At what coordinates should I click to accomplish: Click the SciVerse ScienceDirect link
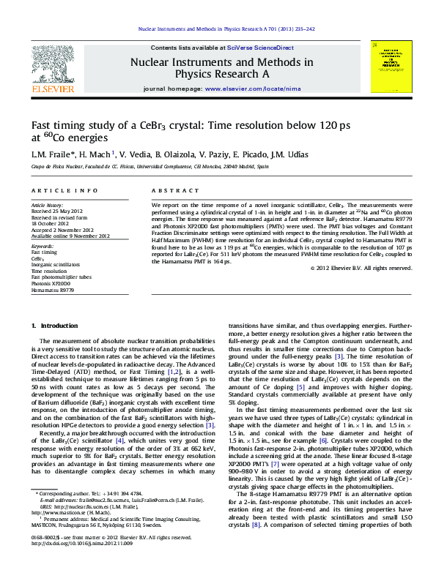point(260,46)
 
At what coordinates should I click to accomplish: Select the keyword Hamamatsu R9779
point(53,290)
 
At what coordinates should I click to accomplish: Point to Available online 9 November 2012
point(70,236)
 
